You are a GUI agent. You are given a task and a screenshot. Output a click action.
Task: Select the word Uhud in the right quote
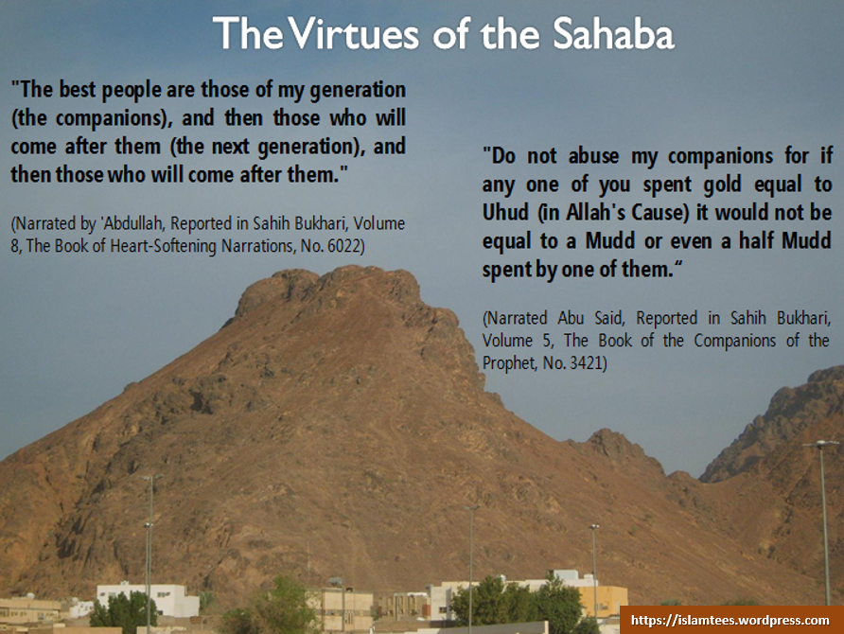(x=503, y=210)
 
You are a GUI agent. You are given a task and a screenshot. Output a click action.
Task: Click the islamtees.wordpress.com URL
(x=730, y=620)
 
